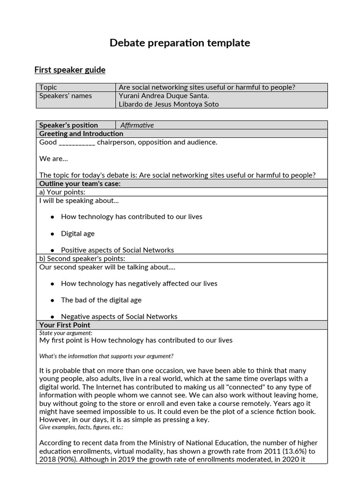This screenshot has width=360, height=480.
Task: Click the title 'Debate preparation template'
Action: [x=180, y=43]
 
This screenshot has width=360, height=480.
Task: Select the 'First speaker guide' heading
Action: [x=70, y=70]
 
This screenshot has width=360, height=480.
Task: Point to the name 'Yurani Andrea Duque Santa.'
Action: [x=164, y=96]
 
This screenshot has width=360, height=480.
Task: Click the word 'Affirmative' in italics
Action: [x=137, y=125]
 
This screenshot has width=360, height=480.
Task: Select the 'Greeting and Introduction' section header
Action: [x=81, y=134]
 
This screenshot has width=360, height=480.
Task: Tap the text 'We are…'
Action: [x=53, y=158]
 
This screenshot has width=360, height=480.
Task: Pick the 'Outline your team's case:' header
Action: [x=80, y=184]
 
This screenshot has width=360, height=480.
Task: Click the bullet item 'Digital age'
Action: [x=77, y=233]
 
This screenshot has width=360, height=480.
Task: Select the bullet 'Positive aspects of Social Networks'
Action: [x=117, y=250]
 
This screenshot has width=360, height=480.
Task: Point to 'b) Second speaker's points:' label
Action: [x=82, y=258]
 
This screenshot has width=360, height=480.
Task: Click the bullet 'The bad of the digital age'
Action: [x=101, y=300]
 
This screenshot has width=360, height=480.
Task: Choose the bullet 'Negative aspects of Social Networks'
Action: [x=119, y=316]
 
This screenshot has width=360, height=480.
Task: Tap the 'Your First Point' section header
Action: [x=65, y=325]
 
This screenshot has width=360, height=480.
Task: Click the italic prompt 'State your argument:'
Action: [x=66, y=333]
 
